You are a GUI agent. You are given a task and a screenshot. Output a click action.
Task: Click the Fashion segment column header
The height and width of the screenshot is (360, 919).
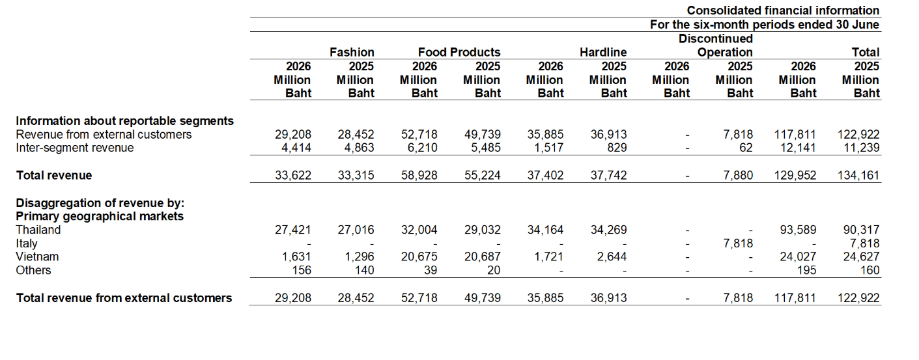tap(352, 53)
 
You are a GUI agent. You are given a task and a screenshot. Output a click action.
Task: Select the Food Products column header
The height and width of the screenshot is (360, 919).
tap(459, 53)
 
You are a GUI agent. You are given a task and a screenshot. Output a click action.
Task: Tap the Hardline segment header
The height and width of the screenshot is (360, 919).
tap(603, 53)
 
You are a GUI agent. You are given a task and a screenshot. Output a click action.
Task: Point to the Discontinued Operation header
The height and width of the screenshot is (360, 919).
tap(716, 46)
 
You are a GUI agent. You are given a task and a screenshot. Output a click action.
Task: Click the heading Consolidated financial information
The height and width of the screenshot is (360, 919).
tap(783, 10)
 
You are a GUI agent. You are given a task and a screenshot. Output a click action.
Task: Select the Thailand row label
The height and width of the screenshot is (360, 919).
tap(38, 230)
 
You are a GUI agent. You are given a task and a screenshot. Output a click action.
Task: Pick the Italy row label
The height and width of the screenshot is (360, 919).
tap(27, 243)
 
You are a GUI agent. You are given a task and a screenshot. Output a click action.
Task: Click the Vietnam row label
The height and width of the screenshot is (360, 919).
tap(37, 256)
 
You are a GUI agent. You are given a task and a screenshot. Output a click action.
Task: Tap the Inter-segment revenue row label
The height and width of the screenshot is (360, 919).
tap(75, 148)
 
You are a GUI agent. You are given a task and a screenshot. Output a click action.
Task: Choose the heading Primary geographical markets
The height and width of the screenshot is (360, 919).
tap(100, 216)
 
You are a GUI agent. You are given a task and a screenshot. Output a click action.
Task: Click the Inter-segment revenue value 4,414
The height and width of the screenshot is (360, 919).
tap(296, 148)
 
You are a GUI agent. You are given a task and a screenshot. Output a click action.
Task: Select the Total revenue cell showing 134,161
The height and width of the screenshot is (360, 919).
tap(858, 176)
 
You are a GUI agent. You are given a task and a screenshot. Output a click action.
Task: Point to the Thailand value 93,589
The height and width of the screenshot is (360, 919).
tap(798, 230)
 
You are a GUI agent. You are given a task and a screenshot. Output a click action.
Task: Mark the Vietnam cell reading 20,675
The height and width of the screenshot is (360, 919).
tap(419, 256)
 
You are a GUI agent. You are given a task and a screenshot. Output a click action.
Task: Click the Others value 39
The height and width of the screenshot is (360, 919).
tap(431, 270)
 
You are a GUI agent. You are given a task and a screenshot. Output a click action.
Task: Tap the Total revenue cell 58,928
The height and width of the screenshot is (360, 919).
tap(419, 176)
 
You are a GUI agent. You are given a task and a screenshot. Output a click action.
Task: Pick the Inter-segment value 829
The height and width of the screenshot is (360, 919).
tap(617, 148)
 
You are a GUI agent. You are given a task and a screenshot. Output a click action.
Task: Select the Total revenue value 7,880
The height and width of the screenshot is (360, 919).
tap(738, 176)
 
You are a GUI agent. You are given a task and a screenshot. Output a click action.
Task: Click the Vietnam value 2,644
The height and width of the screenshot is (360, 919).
tap(612, 256)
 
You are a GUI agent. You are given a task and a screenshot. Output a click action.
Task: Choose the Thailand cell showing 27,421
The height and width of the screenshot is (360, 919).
tap(293, 230)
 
